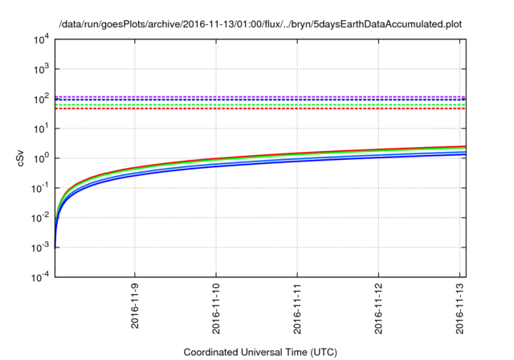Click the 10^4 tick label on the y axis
[41, 39]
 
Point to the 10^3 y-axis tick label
[41, 69]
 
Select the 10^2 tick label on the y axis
[41, 99]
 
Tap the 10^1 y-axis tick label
[41, 129]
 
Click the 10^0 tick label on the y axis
[41, 158]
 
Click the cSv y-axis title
[22, 158]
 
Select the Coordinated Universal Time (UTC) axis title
[260, 352]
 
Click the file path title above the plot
[260, 23]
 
